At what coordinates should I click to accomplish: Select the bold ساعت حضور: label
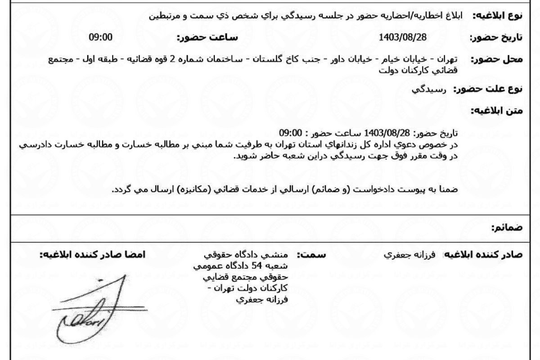coord(207,37)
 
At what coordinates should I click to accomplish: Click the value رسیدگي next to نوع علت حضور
coord(429,89)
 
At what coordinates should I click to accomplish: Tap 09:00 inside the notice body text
coord(290,133)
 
